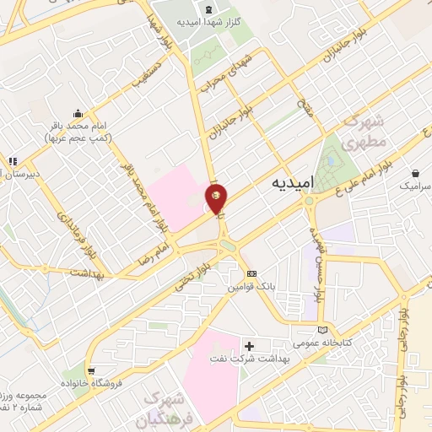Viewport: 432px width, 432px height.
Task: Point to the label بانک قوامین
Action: pyautogui.click(x=251, y=286)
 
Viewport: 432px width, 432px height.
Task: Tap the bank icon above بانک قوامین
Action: pyautogui.click(x=251, y=273)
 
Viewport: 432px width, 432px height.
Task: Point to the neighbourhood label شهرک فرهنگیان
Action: pyautogui.click(x=170, y=409)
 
